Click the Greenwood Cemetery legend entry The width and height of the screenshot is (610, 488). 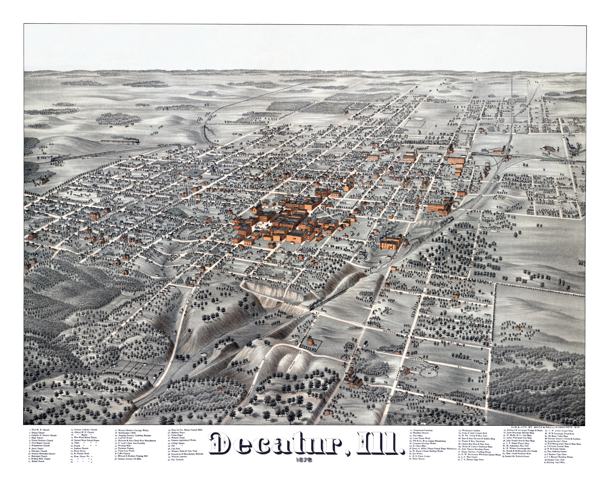click(423, 430)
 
